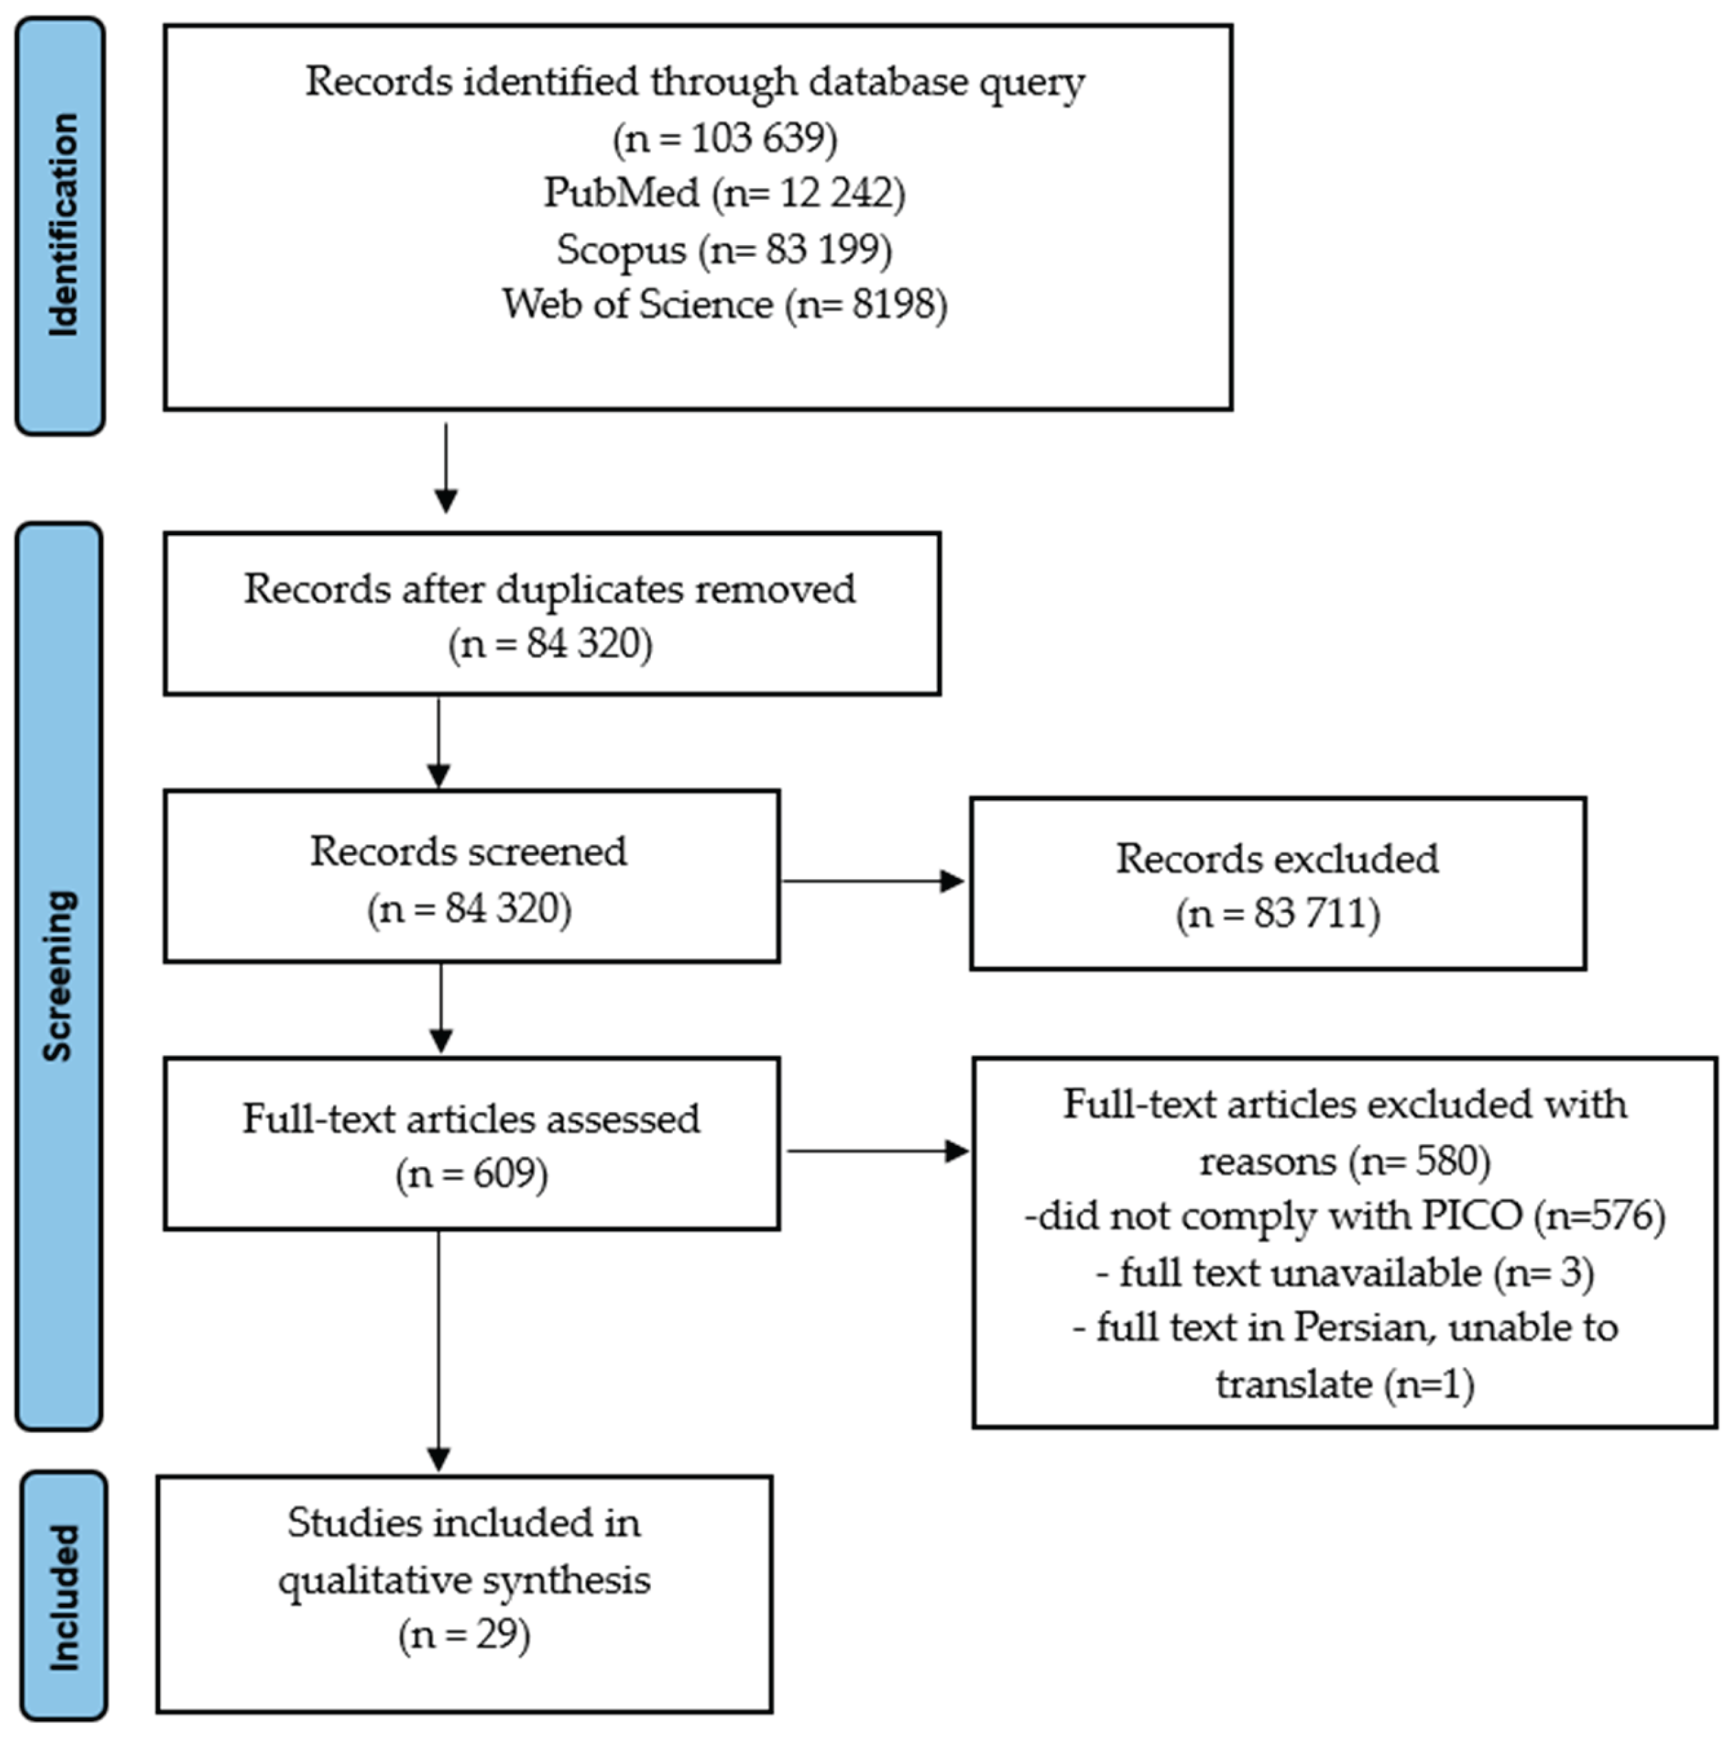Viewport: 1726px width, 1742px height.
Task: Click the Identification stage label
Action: (x=61, y=225)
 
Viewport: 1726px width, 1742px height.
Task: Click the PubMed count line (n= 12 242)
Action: (x=724, y=193)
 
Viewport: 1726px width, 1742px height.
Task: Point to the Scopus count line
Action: (x=724, y=249)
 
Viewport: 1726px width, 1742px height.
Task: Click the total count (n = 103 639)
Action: (x=724, y=138)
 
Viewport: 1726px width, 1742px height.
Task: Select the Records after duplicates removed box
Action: (x=551, y=614)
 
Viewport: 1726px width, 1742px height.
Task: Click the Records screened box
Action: (x=470, y=876)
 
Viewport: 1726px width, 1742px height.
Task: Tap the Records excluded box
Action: (x=1277, y=883)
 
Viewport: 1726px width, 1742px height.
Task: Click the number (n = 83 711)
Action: (x=1277, y=914)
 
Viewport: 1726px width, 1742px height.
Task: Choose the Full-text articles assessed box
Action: (x=470, y=1143)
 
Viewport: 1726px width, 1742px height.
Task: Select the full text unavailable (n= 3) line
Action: (x=1344, y=1272)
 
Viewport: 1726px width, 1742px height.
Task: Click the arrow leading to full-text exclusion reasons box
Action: (x=876, y=1151)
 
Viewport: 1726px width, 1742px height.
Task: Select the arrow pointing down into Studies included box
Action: (x=439, y=1353)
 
